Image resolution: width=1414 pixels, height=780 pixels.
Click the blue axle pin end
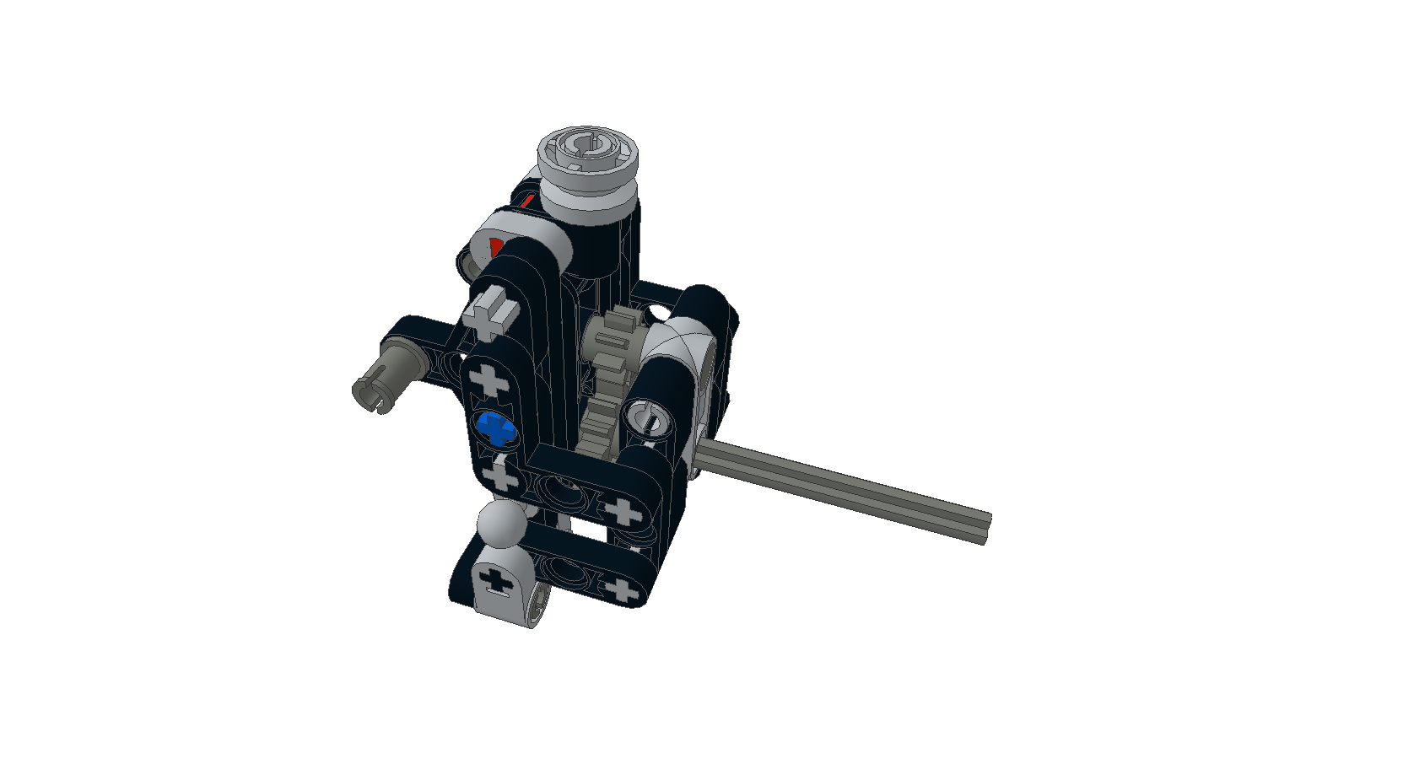coord(496,428)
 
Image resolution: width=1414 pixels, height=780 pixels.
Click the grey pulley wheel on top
coord(587,162)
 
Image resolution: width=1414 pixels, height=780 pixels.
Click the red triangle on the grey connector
coord(495,247)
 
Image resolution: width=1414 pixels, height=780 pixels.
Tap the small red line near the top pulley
coord(527,201)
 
